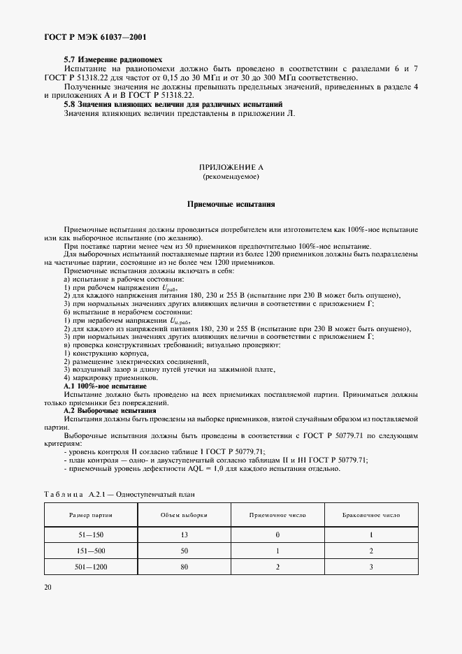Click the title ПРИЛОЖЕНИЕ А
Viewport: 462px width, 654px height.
[x=231, y=168]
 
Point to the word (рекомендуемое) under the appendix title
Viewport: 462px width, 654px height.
[x=231, y=177]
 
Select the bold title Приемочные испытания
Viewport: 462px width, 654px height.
[x=231, y=205]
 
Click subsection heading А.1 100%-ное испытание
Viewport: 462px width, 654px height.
[x=105, y=386]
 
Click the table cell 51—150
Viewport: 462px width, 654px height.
[x=91, y=535]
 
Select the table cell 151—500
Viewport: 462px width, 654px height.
[x=91, y=551]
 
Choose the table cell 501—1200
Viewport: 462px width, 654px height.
[x=91, y=567]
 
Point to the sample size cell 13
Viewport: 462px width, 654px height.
[x=184, y=535]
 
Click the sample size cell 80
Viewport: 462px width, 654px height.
[x=184, y=567]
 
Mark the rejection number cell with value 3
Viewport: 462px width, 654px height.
[x=371, y=567]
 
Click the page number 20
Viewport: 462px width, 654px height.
[x=47, y=587]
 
